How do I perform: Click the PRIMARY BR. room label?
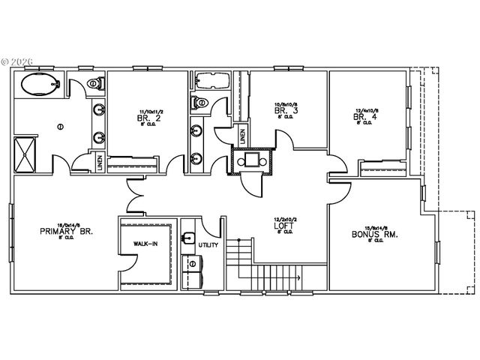(66, 232)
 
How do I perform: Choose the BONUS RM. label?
(374, 234)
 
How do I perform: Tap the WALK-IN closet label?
(146, 244)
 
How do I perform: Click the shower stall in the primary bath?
(26, 153)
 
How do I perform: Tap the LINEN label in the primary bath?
(100, 161)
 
